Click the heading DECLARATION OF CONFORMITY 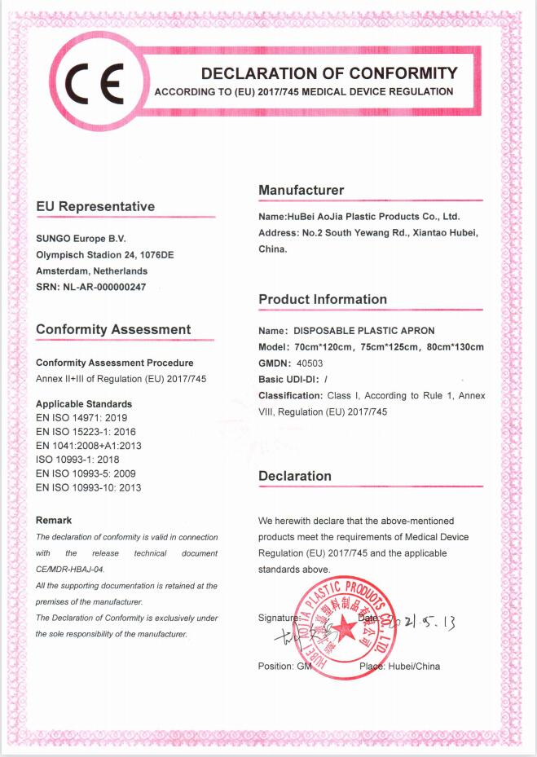[329, 73]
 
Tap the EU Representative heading [95, 207]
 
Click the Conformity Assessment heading [113, 330]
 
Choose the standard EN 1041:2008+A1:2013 [89, 446]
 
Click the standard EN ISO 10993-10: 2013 [89, 487]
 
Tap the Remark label [54, 520]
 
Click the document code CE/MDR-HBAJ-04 [70, 569]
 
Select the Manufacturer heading [302, 191]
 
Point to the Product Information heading [323, 300]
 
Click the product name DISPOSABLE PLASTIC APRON [363, 331]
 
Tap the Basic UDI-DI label [288, 380]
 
